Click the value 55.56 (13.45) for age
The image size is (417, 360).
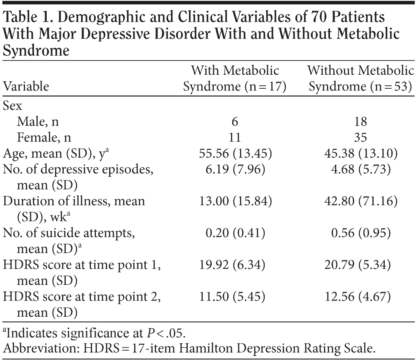point(234,154)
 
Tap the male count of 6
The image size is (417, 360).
point(234,122)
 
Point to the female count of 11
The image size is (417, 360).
point(234,138)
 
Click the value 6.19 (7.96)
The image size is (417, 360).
point(234,170)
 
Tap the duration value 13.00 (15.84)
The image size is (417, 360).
point(234,201)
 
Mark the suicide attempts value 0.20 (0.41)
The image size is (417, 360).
point(234,233)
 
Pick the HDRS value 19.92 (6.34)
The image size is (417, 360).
point(234,265)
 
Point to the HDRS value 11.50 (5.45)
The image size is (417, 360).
point(234,297)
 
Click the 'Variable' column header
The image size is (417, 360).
point(26,86)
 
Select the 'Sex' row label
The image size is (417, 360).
point(13,106)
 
